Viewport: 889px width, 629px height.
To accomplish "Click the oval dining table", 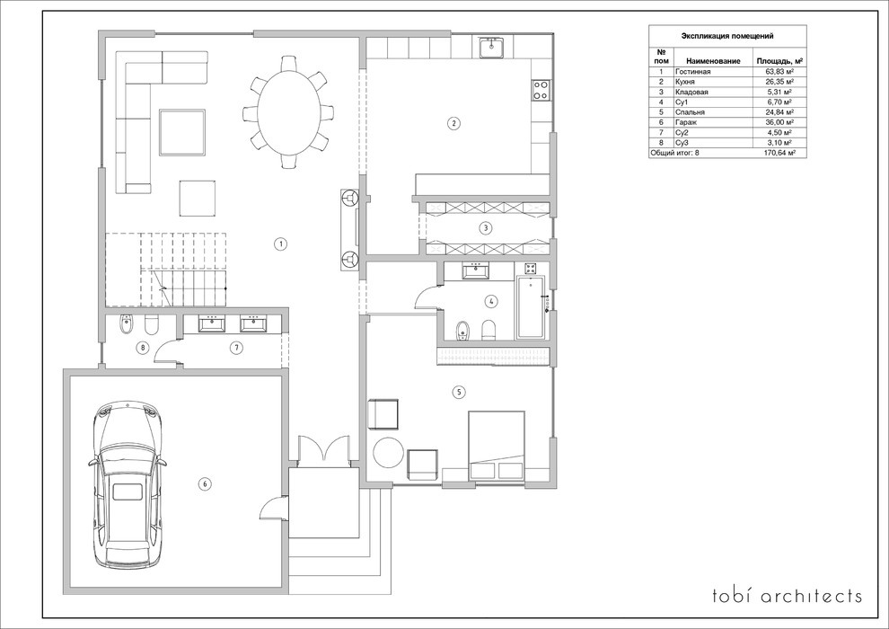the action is click(x=288, y=111).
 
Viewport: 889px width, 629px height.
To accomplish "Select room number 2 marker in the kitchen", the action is click(x=453, y=122).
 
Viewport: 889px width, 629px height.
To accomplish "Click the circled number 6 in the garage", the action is click(x=205, y=483).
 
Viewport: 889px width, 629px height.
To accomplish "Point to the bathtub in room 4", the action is click(x=531, y=306).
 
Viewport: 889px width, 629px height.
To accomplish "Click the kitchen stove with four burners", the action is click(x=541, y=90).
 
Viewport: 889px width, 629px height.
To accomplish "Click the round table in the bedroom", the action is click(x=388, y=452).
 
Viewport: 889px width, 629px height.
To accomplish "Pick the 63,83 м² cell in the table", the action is click(x=779, y=72).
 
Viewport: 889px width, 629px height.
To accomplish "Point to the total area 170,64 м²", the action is click(x=779, y=153).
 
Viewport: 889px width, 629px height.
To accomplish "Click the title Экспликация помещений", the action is click(x=727, y=36).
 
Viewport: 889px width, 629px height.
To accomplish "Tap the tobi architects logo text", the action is click(x=788, y=596).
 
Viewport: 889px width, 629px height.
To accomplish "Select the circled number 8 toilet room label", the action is click(x=144, y=348).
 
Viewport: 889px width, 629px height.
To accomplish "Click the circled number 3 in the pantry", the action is click(x=485, y=228).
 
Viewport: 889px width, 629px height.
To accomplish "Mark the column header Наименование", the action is click(x=713, y=61).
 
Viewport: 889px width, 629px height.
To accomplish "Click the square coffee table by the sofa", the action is click(x=182, y=133).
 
